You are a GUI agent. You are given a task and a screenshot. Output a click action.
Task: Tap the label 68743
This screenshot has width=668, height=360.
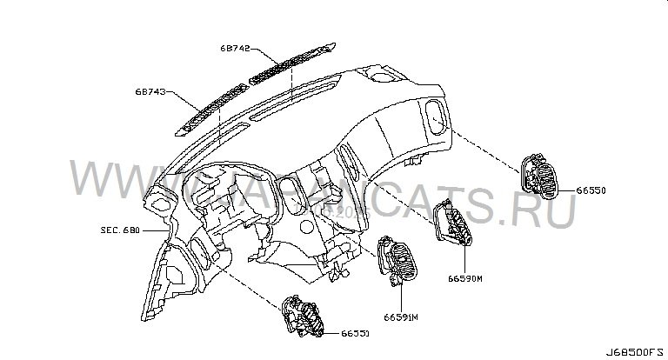pos(150,90)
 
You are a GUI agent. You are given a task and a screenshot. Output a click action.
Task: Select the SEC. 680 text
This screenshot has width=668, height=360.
pos(118,232)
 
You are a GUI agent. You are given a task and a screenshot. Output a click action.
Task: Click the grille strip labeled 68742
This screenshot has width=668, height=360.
pos(288,66)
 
